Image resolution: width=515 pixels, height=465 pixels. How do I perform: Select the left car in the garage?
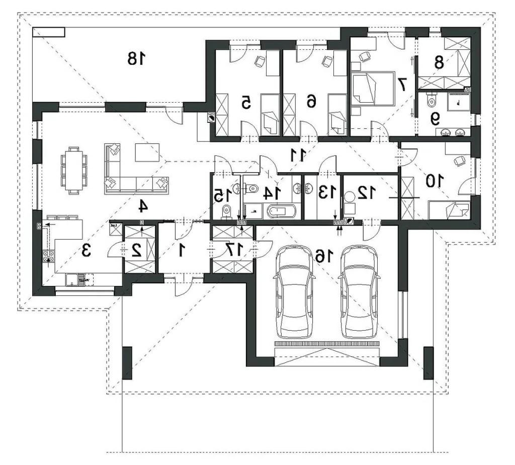click(294, 292)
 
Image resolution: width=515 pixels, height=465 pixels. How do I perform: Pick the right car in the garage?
click(359, 292)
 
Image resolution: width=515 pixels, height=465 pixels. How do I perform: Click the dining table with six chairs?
click(74, 171)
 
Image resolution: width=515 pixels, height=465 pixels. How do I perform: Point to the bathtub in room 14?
click(282, 212)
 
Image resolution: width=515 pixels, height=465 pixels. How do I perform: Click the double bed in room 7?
click(373, 89)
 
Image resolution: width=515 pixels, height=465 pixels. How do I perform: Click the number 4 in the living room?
click(143, 206)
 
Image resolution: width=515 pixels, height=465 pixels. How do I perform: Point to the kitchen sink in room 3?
click(74, 280)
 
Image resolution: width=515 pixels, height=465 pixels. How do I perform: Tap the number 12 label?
click(367, 193)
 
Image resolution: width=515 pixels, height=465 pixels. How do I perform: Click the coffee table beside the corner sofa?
click(147, 152)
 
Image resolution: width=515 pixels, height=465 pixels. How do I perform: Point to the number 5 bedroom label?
click(246, 102)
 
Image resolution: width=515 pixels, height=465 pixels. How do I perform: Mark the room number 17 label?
click(235, 250)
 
